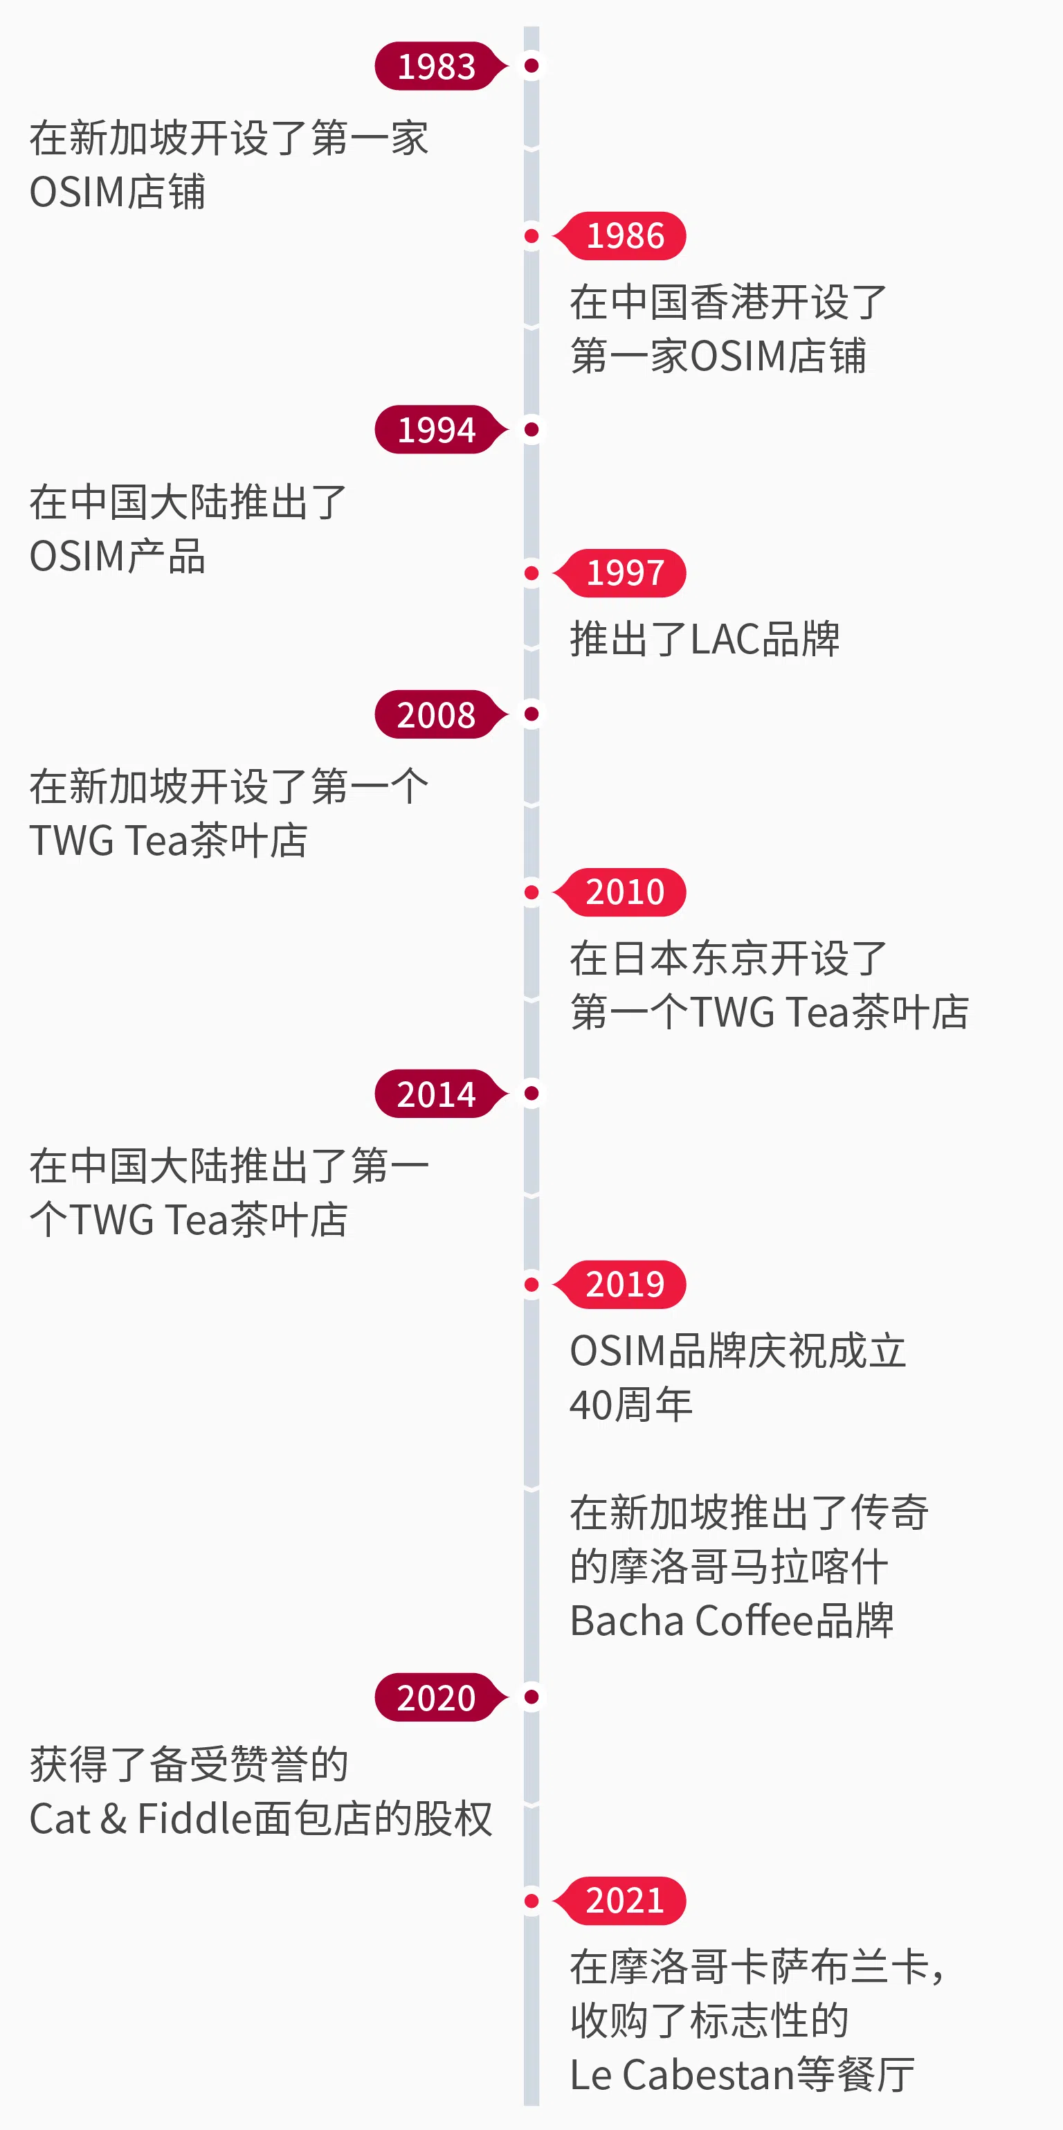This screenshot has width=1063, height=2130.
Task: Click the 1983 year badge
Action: click(x=437, y=66)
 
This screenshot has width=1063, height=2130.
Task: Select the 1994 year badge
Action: click(x=437, y=430)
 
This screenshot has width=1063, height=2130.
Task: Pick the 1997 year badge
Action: click(x=625, y=573)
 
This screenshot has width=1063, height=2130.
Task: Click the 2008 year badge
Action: click(x=437, y=714)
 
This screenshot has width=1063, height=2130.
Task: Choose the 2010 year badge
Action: click(x=625, y=892)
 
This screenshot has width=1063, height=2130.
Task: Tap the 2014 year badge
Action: click(x=437, y=1094)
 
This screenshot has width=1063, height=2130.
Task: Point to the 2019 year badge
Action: click(x=625, y=1284)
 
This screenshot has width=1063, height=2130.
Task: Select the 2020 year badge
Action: click(x=437, y=1697)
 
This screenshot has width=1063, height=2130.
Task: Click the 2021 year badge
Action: click(x=625, y=1901)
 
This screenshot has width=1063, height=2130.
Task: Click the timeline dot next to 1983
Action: click(x=531, y=65)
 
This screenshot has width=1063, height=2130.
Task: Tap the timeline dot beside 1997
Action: click(x=531, y=573)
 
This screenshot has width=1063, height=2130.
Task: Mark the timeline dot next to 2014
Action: click(x=531, y=1093)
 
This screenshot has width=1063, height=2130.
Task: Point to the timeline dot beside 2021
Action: click(x=531, y=1901)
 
